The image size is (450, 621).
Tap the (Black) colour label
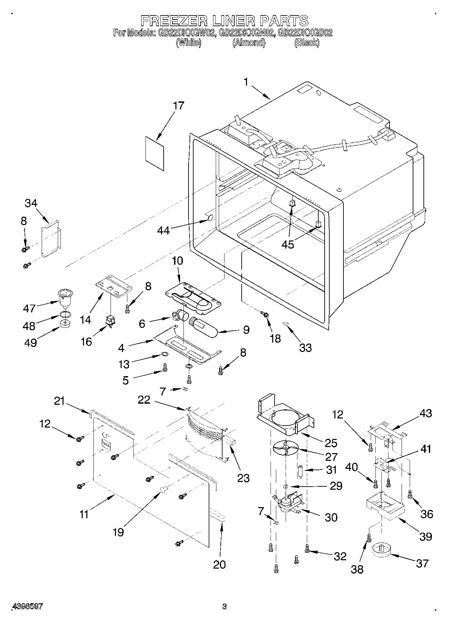306,43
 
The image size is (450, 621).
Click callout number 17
178,105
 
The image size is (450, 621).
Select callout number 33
305,347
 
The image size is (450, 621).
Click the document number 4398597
28,607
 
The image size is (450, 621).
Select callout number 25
331,443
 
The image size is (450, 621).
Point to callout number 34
31,203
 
